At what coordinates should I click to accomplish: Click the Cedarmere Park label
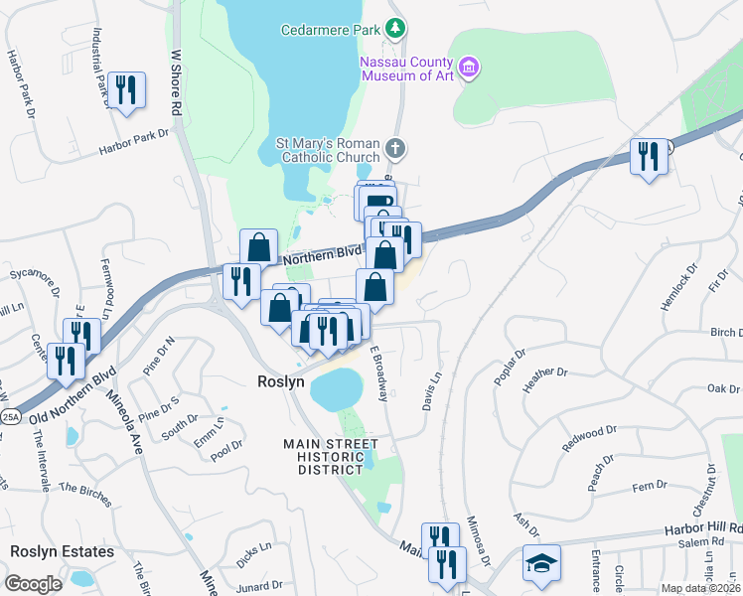[330, 31]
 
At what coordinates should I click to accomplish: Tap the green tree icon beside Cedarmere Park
[396, 28]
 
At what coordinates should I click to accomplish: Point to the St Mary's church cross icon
[395, 150]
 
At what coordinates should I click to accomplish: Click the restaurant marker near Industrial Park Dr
[126, 91]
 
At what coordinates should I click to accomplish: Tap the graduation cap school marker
[542, 562]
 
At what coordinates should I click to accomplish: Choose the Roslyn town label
[280, 381]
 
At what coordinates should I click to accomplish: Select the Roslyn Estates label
[63, 551]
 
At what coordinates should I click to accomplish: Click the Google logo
[33, 584]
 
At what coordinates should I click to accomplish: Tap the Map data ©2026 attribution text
[701, 588]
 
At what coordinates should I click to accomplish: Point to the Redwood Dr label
[583, 438]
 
